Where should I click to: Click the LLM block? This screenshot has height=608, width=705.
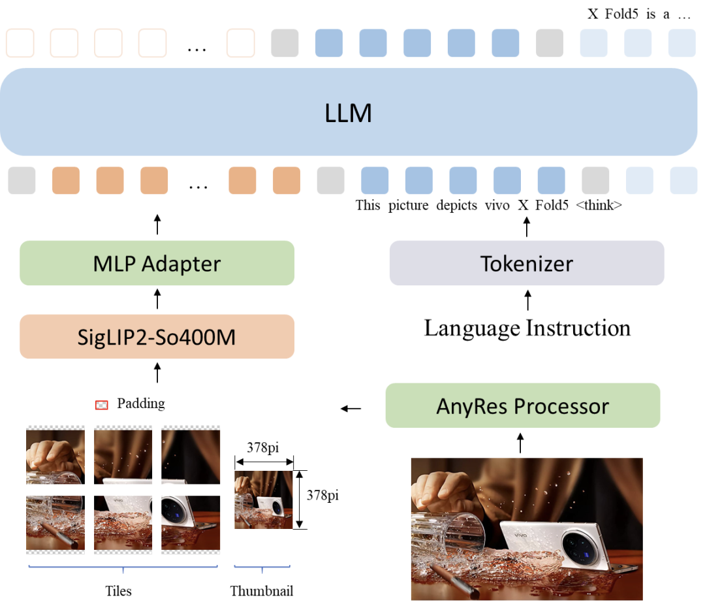coord(349,112)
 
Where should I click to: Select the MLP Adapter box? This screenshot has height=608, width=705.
coord(157,263)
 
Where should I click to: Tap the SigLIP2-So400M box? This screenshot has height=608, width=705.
coord(157,336)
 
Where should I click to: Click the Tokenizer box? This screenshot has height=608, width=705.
coord(527,263)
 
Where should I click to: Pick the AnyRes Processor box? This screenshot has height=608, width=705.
coord(522,406)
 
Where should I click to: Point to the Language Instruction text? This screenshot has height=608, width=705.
coord(527,328)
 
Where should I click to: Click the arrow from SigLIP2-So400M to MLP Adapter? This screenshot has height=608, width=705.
coord(157,299)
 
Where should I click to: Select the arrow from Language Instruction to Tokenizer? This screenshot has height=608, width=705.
coord(528,300)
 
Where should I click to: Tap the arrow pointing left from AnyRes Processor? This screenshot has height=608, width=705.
coord(351,408)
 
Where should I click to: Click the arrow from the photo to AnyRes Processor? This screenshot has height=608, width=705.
coord(520,443)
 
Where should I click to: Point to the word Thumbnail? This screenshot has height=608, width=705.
coord(262,591)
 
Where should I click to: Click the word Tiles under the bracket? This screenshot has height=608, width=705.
coord(118,591)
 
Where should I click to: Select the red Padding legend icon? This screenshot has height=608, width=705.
coord(102,405)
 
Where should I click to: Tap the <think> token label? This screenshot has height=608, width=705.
coord(599,205)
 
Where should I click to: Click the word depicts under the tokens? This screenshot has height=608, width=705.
coord(456,205)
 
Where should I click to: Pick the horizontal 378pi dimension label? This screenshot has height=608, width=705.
coord(262,447)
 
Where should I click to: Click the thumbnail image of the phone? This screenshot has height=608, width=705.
coord(264,500)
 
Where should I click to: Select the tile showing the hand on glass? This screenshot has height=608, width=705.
coord(55,455)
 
